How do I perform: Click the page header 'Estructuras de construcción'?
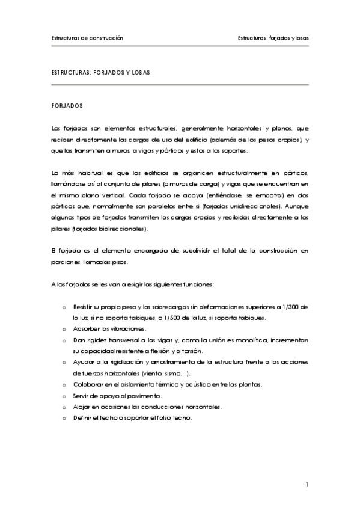click(87, 37)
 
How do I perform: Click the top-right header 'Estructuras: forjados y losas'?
click(273, 37)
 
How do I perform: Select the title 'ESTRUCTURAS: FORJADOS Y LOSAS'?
click(101, 72)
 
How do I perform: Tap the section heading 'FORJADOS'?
click(67, 105)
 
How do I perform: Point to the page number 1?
click(307, 484)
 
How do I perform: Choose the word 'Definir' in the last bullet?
click(82, 418)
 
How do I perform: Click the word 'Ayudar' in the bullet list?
click(82, 362)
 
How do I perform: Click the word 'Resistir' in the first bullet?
click(84, 307)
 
